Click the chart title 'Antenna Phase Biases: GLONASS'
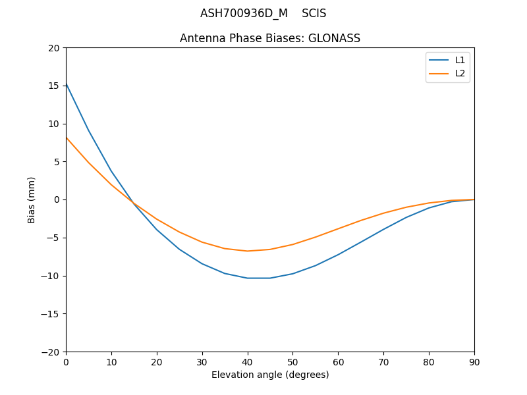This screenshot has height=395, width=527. click(x=270, y=38)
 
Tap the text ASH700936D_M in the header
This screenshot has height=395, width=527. click(x=244, y=13)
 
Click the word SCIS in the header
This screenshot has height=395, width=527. click(x=314, y=13)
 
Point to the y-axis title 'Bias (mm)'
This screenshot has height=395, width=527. click(x=32, y=199)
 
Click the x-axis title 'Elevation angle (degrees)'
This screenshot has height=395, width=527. click(x=270, y=375)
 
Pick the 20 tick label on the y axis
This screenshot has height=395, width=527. click(x=53, y=48)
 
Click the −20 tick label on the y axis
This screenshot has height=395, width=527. click(x=50, y=352)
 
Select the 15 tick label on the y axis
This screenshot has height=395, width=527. click(x=53, y=86)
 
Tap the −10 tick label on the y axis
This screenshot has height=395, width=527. click(x=50, y=276)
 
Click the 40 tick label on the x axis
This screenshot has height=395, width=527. click(x=248, y=361)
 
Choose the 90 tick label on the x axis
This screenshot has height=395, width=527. click(x=474, y=361)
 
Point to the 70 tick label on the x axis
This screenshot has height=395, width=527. click(x=383, y=361)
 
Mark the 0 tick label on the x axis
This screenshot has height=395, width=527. click(x=66, y=361)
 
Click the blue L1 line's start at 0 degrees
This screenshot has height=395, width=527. click(x=67, y=84)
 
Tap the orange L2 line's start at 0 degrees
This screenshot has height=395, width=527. click(x=67, y=138)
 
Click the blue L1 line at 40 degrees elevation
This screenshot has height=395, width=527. click(x=248, y=278)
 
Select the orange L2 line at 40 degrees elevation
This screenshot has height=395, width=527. click(x=248, y=251)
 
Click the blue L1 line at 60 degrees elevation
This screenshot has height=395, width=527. click(x=338, y=255)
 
